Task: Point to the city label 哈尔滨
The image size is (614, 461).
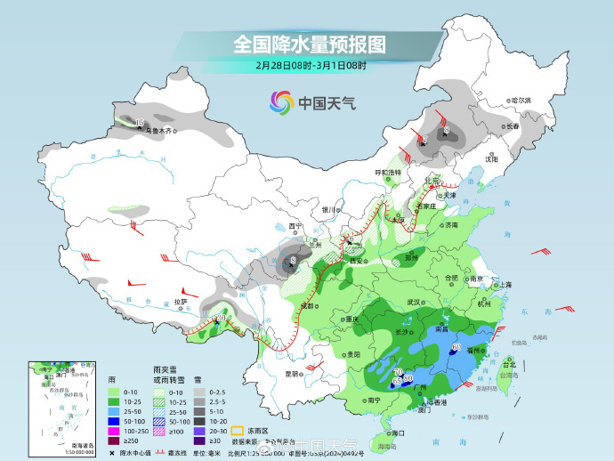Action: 519,101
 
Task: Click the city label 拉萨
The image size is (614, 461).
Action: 181,302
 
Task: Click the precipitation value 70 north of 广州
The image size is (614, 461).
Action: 398,370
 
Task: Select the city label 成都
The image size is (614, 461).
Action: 307,305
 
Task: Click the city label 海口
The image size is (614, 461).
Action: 397,433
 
